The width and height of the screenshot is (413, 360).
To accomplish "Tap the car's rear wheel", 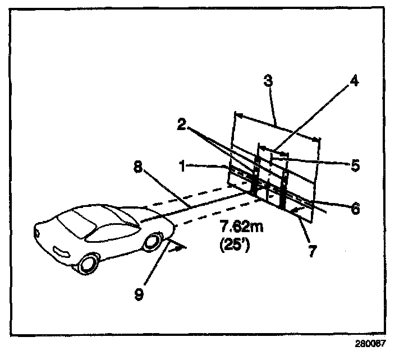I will pyautogui.click(x=88, y=264).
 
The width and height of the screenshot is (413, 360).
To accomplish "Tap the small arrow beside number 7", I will pyautogui.click(x=300, y=209).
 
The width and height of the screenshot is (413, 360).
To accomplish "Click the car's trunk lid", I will pyautogui.click(x=52, y=229).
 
